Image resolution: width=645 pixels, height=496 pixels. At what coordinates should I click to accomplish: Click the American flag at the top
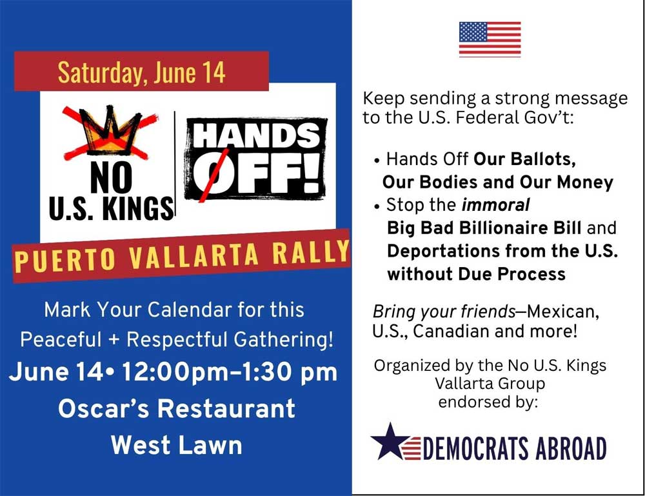point(490,39)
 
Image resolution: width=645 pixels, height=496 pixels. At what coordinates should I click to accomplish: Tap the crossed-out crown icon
point(111,132)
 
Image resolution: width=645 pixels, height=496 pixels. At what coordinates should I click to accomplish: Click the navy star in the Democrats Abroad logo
point(390,441)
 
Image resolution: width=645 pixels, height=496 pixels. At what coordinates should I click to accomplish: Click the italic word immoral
point(495,205)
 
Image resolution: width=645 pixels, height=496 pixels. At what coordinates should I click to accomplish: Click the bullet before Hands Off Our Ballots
point(377,161)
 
